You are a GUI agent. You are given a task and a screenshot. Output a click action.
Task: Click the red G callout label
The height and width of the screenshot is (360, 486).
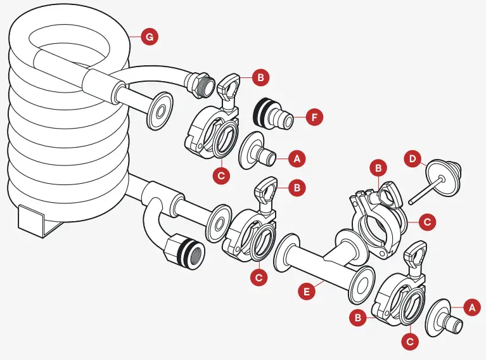click(x=148, y=37)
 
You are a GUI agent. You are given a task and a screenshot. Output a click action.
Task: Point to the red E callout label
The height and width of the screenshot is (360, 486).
click(x=307, y=291)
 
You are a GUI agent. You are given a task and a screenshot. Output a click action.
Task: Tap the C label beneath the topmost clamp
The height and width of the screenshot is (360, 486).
click(x=221, y=176)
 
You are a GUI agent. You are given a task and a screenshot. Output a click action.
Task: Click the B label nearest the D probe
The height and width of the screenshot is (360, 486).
click(x=378, y=169)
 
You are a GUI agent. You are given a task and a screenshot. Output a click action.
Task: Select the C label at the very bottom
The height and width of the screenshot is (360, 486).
click(x=411, y=341)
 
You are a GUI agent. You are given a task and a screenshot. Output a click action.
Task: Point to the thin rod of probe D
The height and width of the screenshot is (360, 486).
click(x=421, y=190)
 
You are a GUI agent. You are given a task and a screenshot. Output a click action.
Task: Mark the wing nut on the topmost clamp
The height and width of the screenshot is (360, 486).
click(x=228, y=86)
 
